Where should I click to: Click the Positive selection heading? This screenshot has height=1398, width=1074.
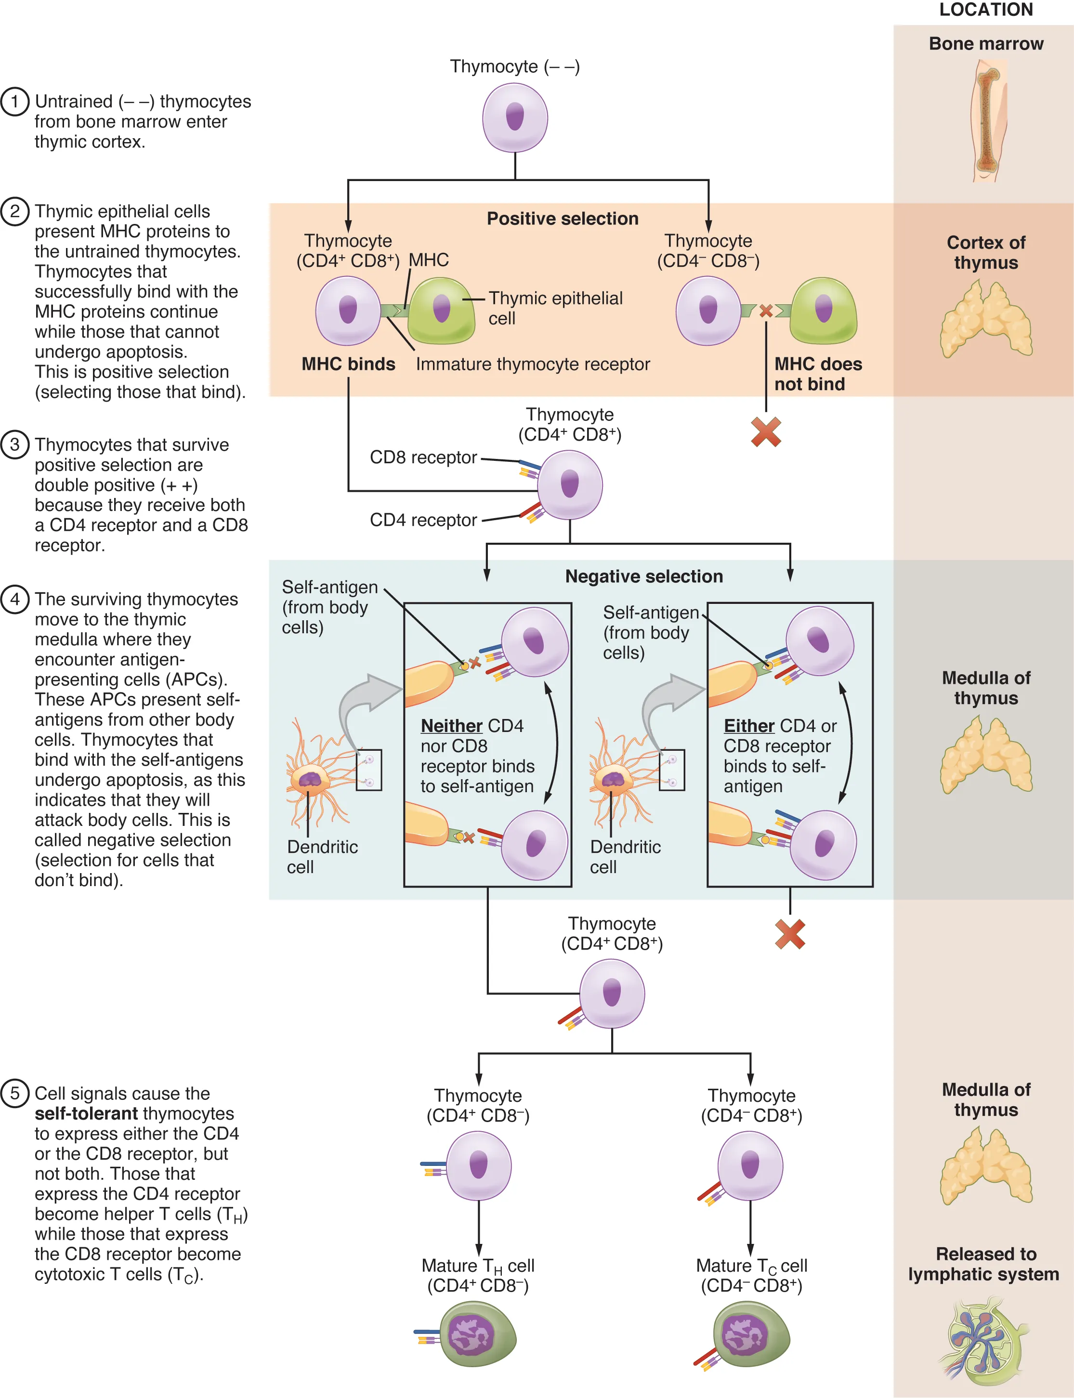[x=562, y=219]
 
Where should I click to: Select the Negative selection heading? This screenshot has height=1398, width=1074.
[x=644, y=576]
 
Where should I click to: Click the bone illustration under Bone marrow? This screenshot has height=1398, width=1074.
[x=986, y=121]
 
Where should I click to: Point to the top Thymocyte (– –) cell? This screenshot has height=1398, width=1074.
[x=515, y=118]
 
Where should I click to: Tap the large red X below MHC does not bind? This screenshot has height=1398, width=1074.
[x=766, y=432]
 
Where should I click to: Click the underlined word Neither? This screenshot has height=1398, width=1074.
[x=451, y=726]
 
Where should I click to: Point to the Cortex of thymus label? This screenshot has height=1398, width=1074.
[x=986, y=252]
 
